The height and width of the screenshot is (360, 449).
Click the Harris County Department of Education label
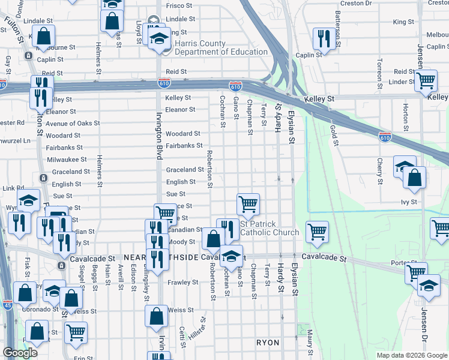[x=212, y=47]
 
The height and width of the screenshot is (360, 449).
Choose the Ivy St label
[x=408, y=203]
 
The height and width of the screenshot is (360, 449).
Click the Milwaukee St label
[x=67, y=160]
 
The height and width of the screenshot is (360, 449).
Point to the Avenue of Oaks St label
[x=73, y=124]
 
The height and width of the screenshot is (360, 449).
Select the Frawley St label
[x=182, y=282]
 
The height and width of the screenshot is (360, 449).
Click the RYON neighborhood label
[x=268, y=343]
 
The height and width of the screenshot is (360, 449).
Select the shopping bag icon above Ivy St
[x=414, y=177]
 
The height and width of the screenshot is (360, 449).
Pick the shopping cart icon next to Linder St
[x=426, y=80]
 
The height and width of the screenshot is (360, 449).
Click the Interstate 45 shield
[x=5, y=305]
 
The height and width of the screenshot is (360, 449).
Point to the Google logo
[x=20, y=353]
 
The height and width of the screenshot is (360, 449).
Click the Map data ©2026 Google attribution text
[x=411, y=355]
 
